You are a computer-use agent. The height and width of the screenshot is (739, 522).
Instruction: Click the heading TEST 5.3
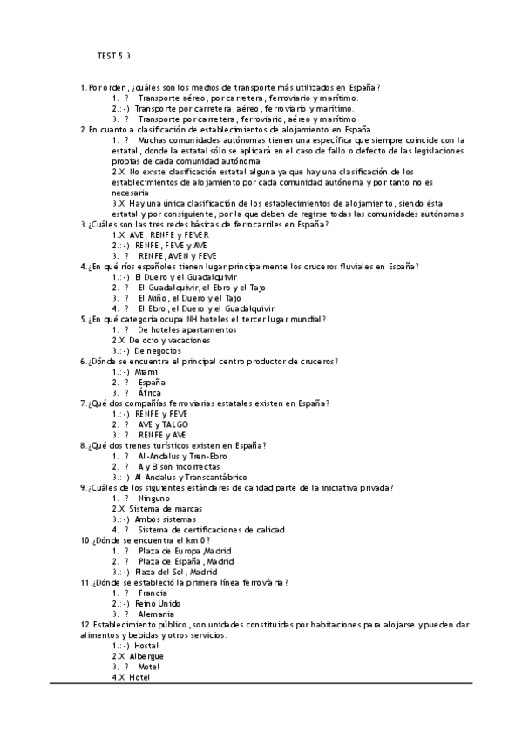[113, 57]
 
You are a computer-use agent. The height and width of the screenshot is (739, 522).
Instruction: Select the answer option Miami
[146, 371]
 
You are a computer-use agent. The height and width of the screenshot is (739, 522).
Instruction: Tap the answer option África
[150, 393]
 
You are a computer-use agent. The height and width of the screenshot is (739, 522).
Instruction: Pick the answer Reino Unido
[158, 603]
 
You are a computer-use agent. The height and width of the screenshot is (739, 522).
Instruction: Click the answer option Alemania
[157, 614]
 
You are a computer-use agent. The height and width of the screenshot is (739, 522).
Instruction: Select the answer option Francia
[153, 593]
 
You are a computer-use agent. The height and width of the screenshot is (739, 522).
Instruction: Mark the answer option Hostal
[147, 646]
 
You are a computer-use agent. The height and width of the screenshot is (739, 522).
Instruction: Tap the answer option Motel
[150, 667]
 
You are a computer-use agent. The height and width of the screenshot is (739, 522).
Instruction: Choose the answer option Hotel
[139, 677]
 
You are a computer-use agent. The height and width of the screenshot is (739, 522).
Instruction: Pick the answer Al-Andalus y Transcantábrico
[190, 477]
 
